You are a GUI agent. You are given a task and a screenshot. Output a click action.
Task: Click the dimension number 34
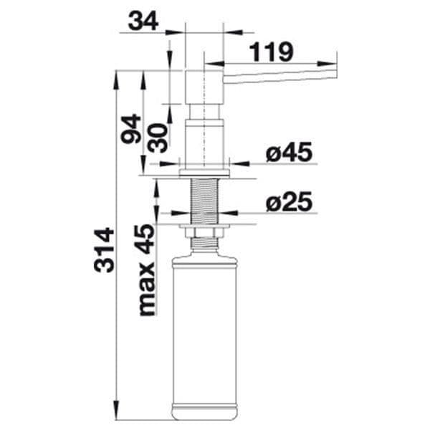click(x=143, y=21)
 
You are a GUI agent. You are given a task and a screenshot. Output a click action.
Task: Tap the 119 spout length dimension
click(x=272, y=52)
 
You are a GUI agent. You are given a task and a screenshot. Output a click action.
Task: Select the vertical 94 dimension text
click(x=131, y=129)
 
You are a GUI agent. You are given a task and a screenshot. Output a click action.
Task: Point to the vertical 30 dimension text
click(x=158, y=138)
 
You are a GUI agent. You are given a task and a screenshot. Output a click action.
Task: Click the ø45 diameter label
click(x=290, y=152)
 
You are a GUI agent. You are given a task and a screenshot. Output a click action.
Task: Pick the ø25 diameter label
click(x=290, y=201)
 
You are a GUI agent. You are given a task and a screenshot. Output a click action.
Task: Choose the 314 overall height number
click(x=104, y=250)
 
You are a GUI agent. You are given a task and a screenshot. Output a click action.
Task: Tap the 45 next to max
click(x=145, y=239)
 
